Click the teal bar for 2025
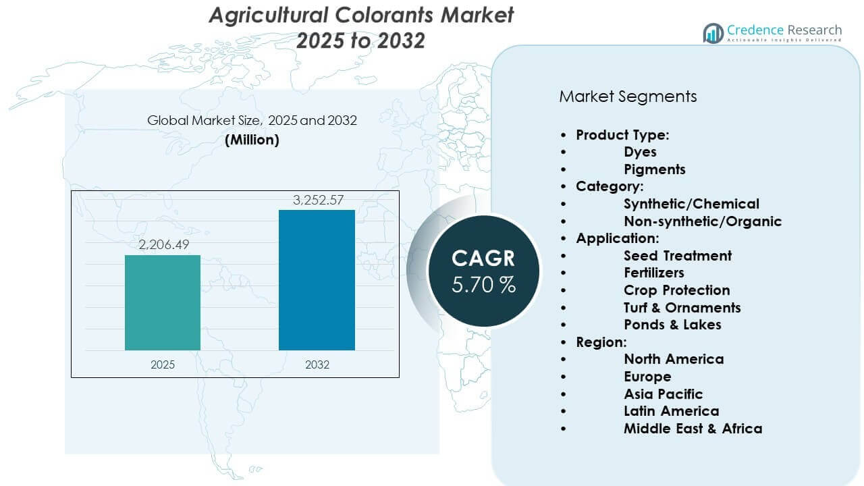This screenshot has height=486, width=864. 163,302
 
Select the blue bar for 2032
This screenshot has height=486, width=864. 317,280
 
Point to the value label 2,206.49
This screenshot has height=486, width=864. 163,245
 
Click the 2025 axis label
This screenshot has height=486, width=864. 163,364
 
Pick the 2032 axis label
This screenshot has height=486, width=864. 317,364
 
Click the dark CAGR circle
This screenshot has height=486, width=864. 483,270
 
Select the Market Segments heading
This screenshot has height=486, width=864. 628,97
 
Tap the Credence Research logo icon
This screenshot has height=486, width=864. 713,32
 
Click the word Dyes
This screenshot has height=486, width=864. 640,152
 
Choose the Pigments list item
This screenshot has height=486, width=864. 654,169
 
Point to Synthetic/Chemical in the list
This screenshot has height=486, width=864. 691,204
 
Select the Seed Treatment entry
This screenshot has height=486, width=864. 678,256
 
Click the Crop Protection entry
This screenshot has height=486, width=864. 676,290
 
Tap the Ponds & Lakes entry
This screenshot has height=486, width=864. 672,325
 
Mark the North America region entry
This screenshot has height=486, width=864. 674,359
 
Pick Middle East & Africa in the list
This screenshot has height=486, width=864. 693,428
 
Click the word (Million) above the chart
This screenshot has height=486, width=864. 252,140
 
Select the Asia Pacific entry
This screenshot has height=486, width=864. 663,394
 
